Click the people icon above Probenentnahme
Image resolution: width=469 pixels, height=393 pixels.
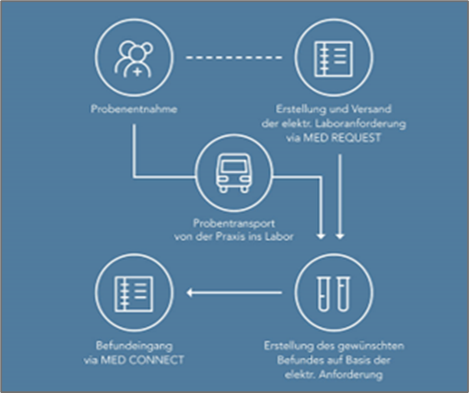pos(134,60)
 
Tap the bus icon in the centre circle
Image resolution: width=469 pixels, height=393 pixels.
pos(234,173)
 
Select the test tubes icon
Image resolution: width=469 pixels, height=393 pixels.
pos(334,293)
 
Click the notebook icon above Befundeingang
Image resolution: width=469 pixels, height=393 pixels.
pos(134,293)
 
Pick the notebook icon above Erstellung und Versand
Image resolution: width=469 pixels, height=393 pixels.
pos(333,59)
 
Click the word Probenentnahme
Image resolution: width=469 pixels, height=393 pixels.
pos(134,109)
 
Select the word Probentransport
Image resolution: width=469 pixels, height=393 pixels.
pos(234,223)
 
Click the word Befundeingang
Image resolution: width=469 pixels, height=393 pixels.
pos(134,345)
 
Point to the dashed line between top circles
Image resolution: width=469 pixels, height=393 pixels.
pos(234,57)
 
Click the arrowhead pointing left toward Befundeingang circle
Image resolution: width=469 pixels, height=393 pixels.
pos(190,293)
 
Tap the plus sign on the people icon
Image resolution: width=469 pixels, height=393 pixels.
pos(138,72)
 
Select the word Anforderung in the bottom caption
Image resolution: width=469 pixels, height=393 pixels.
pos(350,375)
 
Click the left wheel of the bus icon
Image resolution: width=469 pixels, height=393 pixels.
pos(223,189)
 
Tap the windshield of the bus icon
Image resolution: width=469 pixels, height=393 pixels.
pos(234,165)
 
